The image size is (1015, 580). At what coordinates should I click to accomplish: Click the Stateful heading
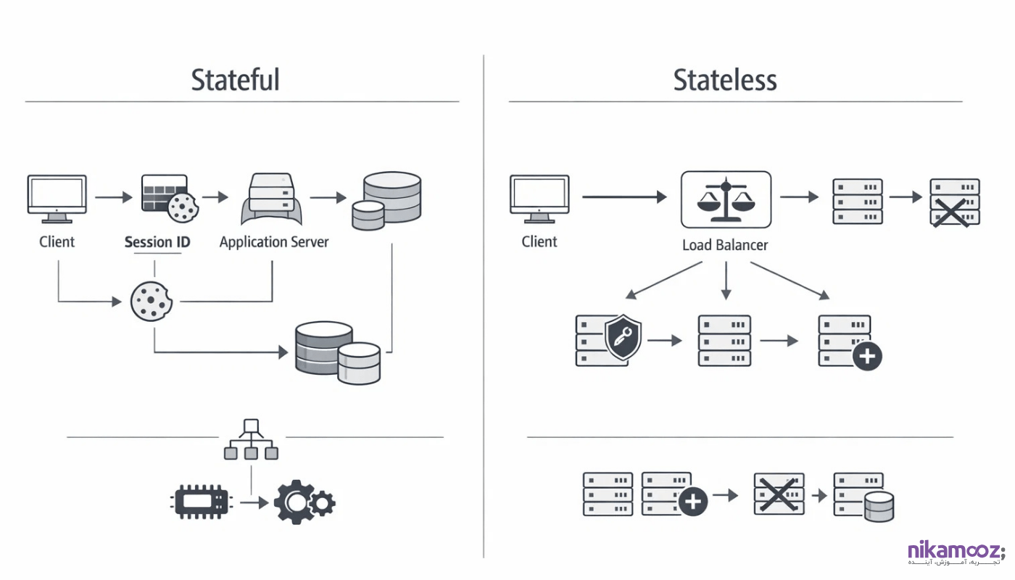[x=235, y=80]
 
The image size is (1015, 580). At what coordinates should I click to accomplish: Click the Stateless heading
[x=725, y=80]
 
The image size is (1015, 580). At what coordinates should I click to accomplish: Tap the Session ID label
[x=157, y=242]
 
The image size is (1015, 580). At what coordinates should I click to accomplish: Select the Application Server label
[x=274, y=242]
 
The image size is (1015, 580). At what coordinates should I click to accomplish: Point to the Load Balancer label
[x=725, y=245]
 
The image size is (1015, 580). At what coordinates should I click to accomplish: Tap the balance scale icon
[x=726, y=199]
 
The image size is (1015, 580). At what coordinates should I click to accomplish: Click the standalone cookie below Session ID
[x=150, y=301]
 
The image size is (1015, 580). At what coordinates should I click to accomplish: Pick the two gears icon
[x=304, y=502]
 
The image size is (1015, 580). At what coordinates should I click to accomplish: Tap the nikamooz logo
[x=956, y=553]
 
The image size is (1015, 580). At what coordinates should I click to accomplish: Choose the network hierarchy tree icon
[x=251, y=439]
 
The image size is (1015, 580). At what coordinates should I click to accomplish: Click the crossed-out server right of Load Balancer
[x=954, y=202]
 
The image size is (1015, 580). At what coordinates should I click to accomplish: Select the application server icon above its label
[x=272, y=199]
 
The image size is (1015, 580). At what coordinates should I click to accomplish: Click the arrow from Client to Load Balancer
[x=623, y=196]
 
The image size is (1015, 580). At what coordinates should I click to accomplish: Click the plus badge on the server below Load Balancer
[x=867, y=357]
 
